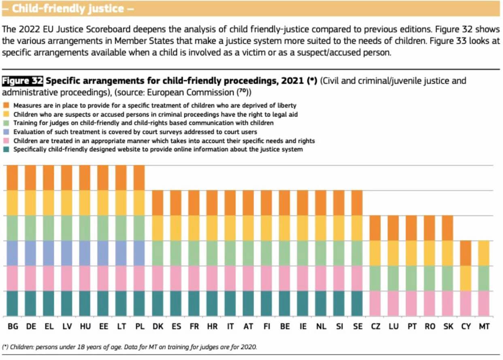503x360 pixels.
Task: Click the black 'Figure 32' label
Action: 22,81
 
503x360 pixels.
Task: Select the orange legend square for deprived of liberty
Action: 6,105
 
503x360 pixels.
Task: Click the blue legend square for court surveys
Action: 6,132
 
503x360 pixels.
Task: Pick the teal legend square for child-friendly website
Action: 6,149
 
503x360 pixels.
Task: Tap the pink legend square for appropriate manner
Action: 6,141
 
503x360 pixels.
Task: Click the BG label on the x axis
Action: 13,326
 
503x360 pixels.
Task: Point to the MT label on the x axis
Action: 484,326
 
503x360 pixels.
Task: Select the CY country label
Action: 466,326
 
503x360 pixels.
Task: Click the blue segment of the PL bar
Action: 139,253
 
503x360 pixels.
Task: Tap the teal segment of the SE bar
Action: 357,304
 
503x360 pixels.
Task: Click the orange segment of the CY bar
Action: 466,253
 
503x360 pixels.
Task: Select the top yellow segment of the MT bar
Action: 484,253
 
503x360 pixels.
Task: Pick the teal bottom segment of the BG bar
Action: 12,304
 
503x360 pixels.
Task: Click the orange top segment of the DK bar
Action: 158,203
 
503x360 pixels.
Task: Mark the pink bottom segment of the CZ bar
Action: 375,304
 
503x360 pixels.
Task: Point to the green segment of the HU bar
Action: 85,228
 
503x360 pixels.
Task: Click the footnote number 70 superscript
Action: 243,90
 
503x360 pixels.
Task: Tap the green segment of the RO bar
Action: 430,279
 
